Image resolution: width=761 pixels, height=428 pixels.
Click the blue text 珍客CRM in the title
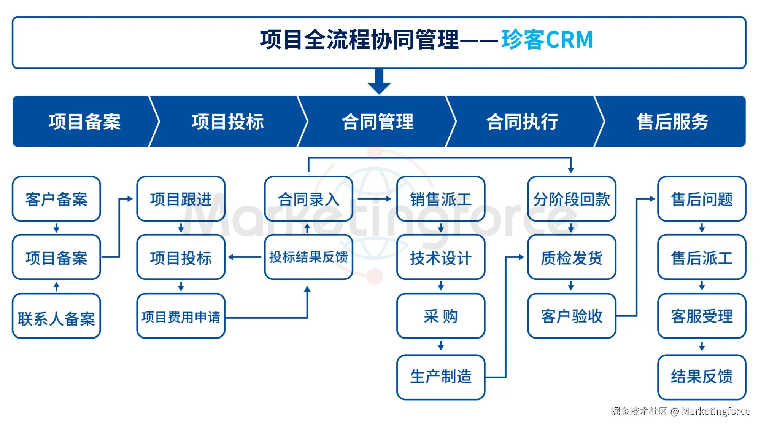coord(547,40)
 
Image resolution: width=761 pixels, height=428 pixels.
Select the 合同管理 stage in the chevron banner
coord(377,122)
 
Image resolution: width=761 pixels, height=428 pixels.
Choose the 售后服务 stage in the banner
coord(672,122)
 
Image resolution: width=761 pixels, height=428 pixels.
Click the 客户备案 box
coord(56,199)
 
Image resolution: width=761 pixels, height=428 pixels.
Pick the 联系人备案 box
coord(56,316)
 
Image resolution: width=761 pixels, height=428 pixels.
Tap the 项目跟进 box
coord(181,199)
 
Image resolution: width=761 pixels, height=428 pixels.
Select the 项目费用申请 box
coord(181,316)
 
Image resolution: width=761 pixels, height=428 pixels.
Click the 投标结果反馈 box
coord(308,257)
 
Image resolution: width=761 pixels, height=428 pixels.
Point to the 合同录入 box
coord(308,199)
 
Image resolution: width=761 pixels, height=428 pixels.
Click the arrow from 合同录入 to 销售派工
coord(374,199)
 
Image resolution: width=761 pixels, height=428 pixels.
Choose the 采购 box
coord(440,316)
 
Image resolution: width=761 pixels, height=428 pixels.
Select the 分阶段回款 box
coord(571,199)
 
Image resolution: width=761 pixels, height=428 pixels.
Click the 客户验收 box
coord(571,316)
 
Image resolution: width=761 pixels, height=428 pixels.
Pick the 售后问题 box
coord(701,199)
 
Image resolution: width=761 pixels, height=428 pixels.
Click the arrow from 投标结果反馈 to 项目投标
coord(245,257)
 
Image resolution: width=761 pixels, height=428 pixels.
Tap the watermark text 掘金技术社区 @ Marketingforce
coord(680,411)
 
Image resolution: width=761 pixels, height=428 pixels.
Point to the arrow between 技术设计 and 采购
coord(441,286)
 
